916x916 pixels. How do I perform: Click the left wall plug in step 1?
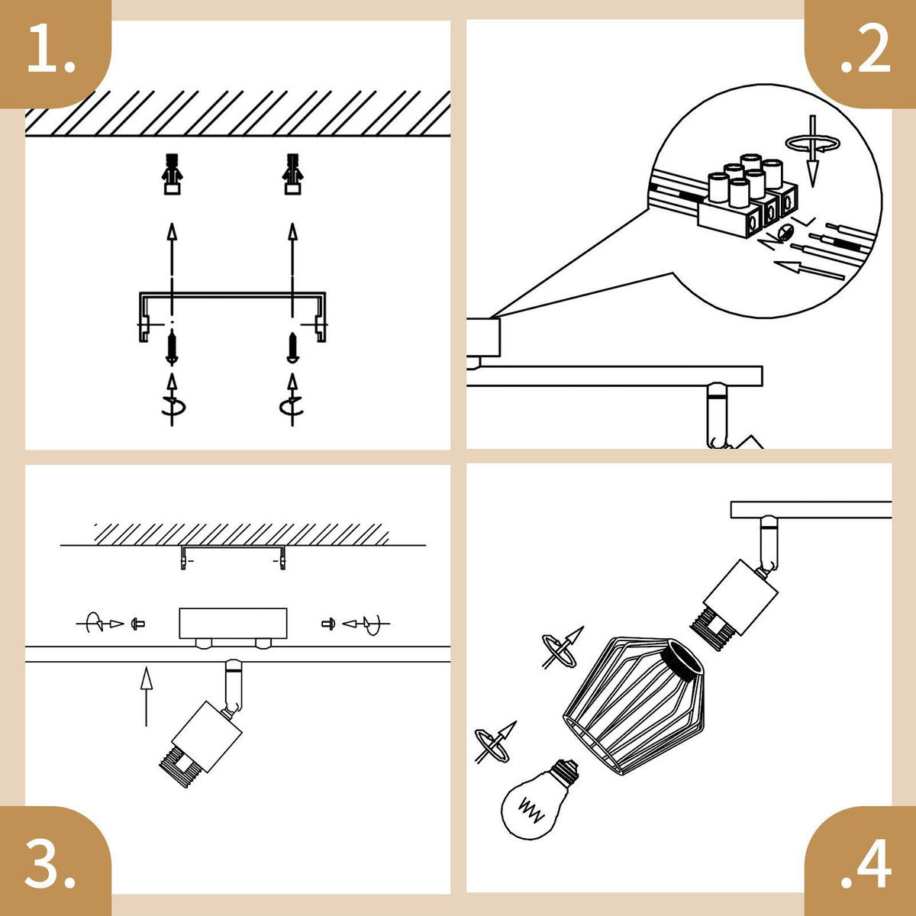point(172,174)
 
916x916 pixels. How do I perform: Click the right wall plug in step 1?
point(292,174)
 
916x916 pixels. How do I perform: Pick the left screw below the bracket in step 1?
point(172,348)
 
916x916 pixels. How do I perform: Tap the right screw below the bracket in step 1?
point(292,347)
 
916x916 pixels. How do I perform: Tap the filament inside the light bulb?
point(531,810)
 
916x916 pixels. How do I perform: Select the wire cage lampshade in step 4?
point(634,705)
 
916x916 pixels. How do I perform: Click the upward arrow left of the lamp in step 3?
point(147,697)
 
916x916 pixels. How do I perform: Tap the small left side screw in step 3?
point(138,624)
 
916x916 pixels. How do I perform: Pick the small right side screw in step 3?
point(328,623)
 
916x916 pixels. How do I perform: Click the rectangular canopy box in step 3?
point(233,623)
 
